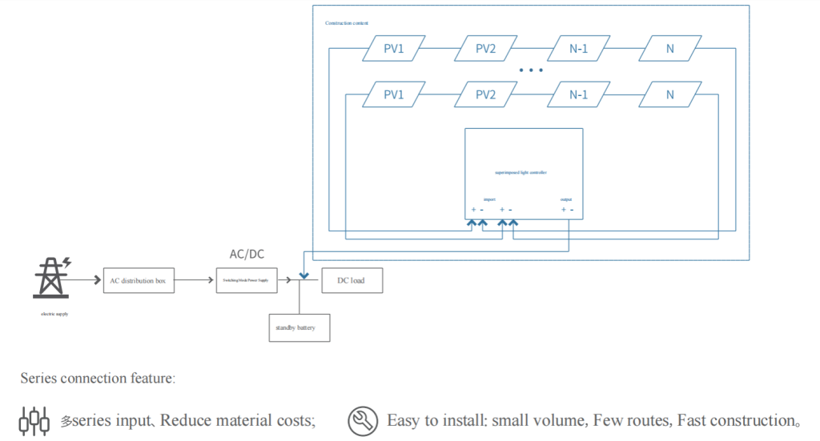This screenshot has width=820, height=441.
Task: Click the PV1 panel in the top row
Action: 393,49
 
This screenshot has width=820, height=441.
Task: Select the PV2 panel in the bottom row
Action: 485,94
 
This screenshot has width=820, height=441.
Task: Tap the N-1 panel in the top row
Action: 578,49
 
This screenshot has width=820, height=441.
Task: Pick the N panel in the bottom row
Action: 669,94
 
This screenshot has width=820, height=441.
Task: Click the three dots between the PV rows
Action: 531,70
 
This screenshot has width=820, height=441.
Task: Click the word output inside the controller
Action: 566,198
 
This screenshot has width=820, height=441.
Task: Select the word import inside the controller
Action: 489,198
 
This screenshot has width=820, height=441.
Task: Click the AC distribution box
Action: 139,280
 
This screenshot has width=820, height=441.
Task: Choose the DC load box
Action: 352,280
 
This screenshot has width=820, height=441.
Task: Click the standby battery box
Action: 299,327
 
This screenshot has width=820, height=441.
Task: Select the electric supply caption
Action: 54,314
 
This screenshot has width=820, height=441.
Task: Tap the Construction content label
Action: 346,22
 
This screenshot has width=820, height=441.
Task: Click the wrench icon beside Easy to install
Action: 362,420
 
